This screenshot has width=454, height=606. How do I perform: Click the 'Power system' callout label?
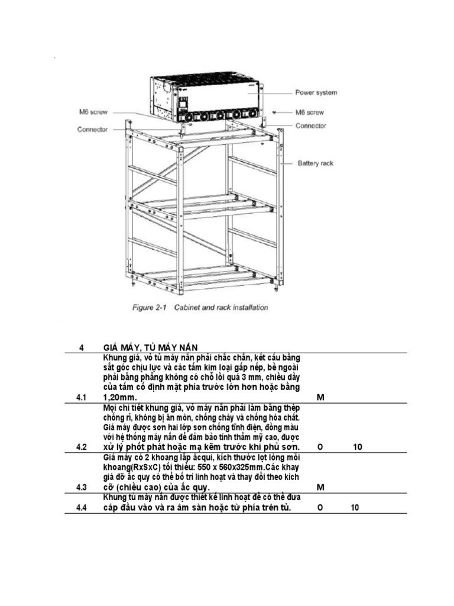tap(316, 93)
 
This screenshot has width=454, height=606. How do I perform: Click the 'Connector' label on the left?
tap(92, 130)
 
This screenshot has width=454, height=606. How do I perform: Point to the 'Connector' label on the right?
tap(311, 125)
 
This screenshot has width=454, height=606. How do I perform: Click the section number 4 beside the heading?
tap(82, 347)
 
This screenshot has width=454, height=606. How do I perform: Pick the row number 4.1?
tap(82, 398)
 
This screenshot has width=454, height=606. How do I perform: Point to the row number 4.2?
tap(82, 447)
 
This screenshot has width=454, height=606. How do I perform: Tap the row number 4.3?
tap(82, 488)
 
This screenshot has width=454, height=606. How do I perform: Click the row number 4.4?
tap(82, 508)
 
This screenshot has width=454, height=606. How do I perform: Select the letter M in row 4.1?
tap(320, 398)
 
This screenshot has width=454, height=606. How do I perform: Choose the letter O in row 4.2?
tap(320, 447)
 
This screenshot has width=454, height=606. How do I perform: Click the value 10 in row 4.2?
tap(358, 447)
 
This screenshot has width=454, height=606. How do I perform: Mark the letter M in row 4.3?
tap(320, 488)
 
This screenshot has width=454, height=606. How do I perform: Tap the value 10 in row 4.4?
tap(355, 508)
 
